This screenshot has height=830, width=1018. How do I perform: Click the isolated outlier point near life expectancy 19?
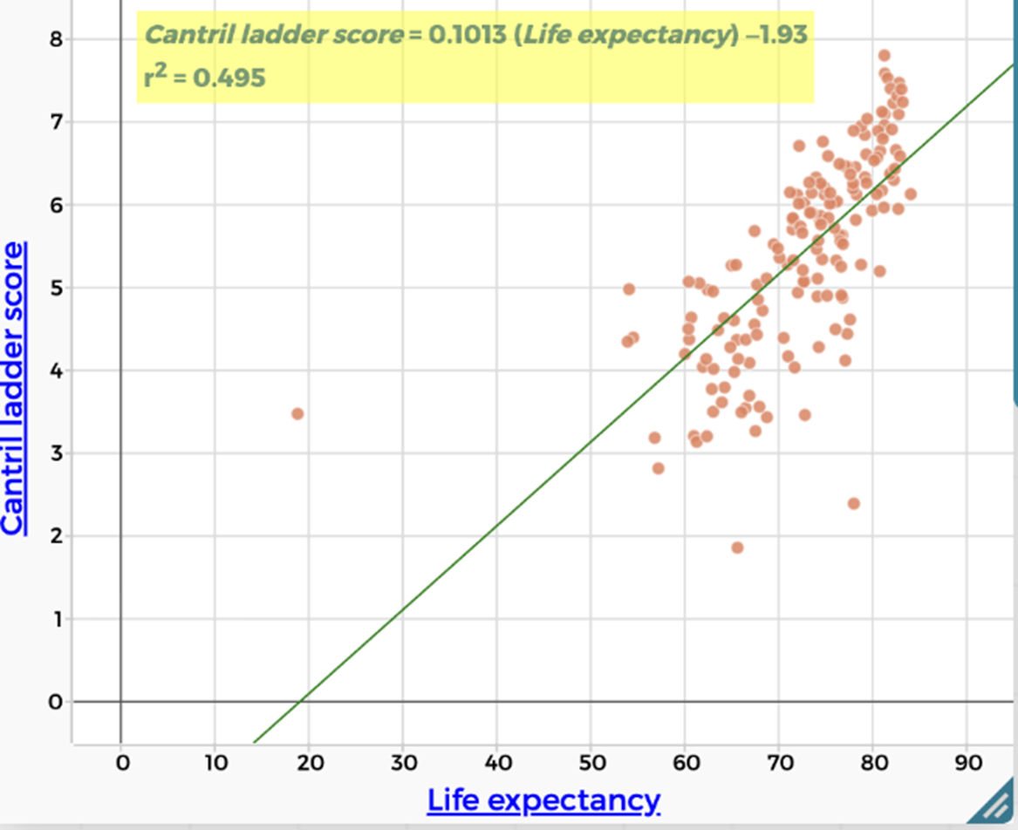(297, 413)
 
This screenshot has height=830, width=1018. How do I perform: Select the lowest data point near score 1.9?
(737, 548)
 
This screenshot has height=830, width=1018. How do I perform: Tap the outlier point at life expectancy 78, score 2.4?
(853, 504)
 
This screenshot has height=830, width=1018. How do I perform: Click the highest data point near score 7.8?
(884, 55)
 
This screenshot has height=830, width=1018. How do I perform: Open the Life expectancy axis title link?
(543, 799)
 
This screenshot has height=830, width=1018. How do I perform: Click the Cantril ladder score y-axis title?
(15, 387)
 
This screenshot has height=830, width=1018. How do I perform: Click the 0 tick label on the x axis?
(121, 764)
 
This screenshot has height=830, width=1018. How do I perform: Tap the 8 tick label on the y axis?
(56, 39)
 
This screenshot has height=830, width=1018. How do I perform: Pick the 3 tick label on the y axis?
(56, 453)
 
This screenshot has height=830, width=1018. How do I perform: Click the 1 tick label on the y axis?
(56, 619)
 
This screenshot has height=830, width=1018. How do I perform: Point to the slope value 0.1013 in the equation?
(462, 35)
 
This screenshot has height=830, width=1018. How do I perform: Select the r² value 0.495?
(229, 79)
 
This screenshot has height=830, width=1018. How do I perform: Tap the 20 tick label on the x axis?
(310, 764)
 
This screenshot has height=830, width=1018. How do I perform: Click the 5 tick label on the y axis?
(56, 288)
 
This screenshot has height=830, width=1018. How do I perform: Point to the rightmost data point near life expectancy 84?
(910, 194)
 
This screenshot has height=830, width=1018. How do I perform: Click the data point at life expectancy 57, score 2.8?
(658, 468)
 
